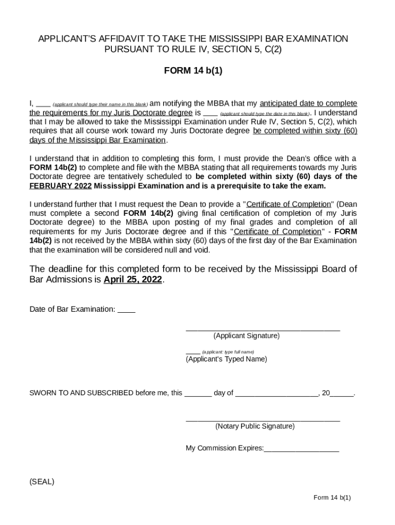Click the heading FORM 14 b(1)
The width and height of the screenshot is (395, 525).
click(x=193, y=71)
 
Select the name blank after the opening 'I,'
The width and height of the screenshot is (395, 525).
click(x=43, y=103)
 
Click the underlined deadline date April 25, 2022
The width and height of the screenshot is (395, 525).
click(x=132, y=280)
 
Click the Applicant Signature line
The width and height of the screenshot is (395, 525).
click(x=262, y=329)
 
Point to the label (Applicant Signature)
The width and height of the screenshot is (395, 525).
click(x=246, y=336)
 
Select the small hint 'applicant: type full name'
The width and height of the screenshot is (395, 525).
click(x=228, y=352)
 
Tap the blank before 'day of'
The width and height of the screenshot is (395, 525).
click(x=197, y=394)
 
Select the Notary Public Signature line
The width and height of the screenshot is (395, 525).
click(x=262, y=419)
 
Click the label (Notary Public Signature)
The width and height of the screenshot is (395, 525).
click(x=254, y=426)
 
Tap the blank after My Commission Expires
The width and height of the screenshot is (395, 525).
click(x=301, y=449)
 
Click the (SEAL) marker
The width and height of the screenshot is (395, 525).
click(x=42, y=481)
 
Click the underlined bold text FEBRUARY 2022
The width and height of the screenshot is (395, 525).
click(x=60, y=186)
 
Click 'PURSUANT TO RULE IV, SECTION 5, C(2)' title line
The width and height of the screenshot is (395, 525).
click(x=193, y=50)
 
